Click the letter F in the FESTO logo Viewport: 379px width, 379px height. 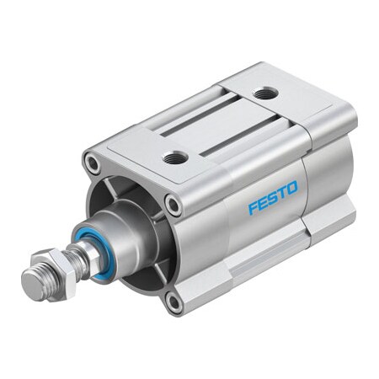[x=253, y=207]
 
